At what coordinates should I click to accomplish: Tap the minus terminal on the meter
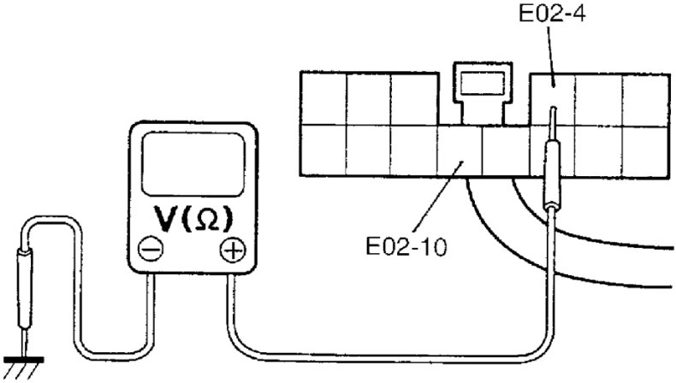pos(150,250)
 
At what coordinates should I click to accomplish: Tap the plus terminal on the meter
pos(231,250)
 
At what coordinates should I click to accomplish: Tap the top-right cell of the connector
pos(645,98)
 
